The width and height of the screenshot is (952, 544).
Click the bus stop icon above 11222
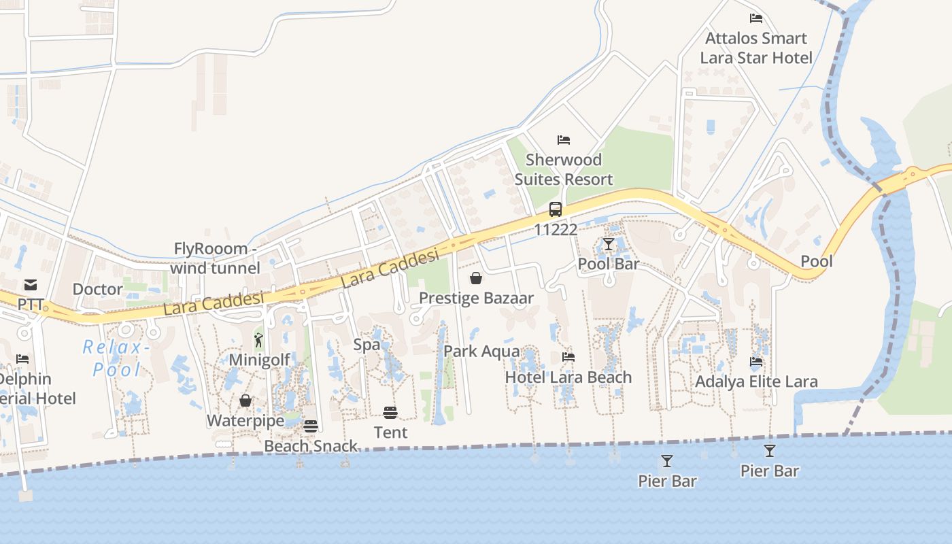pos(556,209)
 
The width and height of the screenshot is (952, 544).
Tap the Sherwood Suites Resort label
pos(564,169)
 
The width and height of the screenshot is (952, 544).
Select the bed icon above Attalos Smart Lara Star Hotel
pos(755,18)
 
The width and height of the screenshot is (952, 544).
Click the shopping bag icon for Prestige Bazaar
pos(476,278)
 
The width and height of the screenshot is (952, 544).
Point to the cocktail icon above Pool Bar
pos(608,244)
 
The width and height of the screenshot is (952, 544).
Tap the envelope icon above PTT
pos(31,284)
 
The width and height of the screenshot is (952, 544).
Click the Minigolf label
pos(259,360)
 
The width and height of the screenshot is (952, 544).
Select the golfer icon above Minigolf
pos(258,340)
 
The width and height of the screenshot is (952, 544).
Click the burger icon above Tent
pos(390,412)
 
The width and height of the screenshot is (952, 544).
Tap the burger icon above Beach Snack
pos(311,426)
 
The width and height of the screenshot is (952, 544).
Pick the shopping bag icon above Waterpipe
pos(245,401)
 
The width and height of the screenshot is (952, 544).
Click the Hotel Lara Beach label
pos(568,377)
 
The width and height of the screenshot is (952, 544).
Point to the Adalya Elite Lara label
pos(756,381)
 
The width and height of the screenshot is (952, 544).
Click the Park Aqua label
pos(481,352)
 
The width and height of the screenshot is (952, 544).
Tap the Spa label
pos(367,345)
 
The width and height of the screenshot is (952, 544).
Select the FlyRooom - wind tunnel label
pos(215,258)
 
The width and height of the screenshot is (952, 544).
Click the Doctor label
pos(97,289)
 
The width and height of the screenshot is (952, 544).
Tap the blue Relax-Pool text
pos(116,358)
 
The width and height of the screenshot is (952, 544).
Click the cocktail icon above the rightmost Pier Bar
pos(769,450)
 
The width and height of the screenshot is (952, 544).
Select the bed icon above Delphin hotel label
pos(22,358)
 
